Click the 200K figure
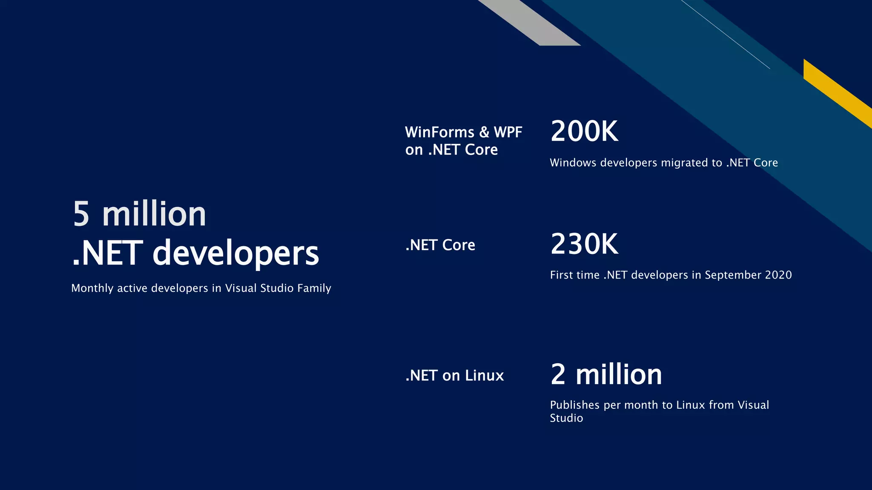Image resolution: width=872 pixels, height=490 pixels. pos(584,131)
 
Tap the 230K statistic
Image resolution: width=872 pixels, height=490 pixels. pos(584,244)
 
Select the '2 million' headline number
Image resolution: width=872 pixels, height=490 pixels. pos(606,375)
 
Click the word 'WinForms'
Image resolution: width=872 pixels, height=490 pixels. pos(439,132)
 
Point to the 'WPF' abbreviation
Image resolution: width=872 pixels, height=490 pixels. pos(508,132)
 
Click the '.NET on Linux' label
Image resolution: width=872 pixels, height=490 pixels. pos(454,376)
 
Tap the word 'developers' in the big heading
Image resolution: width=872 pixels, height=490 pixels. pos(235,254)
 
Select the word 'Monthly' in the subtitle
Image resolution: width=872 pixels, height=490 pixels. pos(92,288)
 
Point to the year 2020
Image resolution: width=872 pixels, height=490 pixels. pos(778,275)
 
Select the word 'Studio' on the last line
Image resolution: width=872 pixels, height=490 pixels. pos(566,418)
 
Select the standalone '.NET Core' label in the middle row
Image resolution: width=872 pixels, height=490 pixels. pos(440,245)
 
